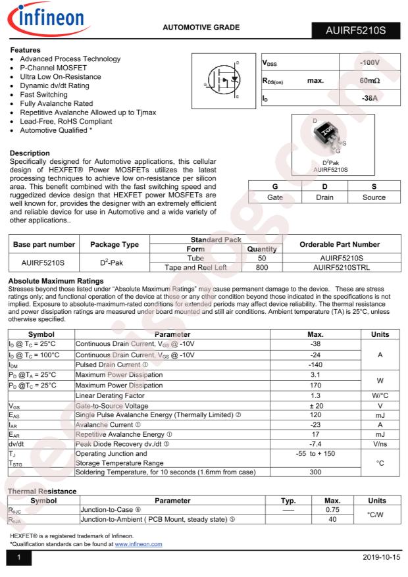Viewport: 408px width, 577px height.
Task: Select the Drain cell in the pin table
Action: tap(324, 197)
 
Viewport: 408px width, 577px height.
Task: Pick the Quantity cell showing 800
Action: tap(261, 267)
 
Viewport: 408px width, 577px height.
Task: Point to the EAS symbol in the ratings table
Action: tap(14, 416)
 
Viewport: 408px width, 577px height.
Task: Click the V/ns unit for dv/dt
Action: tap(380, 444)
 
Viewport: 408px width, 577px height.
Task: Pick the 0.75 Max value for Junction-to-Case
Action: tap(332, 510)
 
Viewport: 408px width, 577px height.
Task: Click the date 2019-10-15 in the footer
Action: tap(381, 558)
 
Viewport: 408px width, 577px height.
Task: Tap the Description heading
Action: tap(30, 153)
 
